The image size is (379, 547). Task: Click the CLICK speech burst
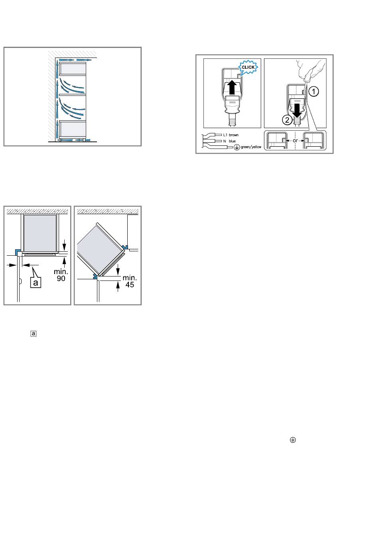(248, 67)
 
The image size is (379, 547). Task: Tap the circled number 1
(314, 91)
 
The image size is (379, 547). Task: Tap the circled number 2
(287, 120)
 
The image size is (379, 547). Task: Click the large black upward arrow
(232, 88)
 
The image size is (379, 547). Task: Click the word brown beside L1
(234, 135)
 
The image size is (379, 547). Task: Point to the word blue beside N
(232, 141)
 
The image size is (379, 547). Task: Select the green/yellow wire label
(251, 147)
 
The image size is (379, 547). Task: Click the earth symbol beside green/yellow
(237, 147)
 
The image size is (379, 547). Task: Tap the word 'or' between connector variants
(295, 141)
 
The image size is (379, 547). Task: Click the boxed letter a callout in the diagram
(36, 282)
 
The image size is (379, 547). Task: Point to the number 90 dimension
(61, 278)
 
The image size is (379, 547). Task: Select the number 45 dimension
(130, 284)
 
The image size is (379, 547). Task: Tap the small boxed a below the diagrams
(34, 334)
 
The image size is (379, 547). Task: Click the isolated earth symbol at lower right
(293, 440)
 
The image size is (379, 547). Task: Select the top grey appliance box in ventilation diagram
(73, 69)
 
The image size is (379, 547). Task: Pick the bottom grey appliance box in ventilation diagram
(73, 129)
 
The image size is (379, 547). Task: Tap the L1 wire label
(225, 135)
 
